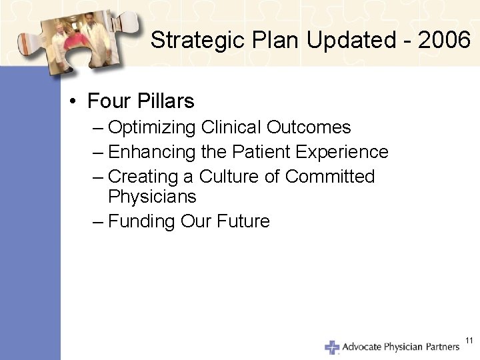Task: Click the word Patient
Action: pyautogui.click(x=261, y=152)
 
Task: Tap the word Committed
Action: pyautogui.click(x=330, y=177)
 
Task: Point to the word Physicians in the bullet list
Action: pyautogui.click(x=152, y=197)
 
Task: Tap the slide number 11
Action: pyautogui.click(x=469, y=341)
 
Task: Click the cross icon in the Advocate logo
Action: pyautogui.click(x=331, y=347)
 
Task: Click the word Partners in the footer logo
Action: pyautogui.click(x=442, y=347)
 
